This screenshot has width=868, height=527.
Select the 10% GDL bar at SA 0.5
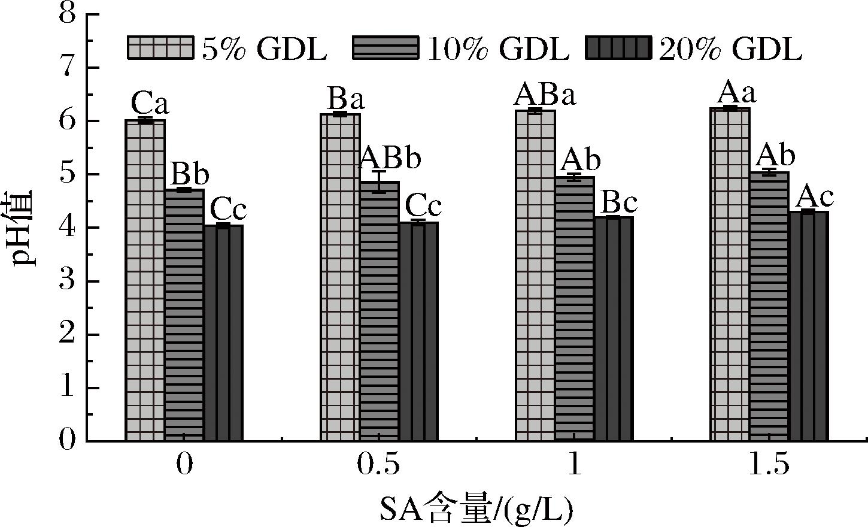380,311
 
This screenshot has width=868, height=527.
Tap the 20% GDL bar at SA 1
614,329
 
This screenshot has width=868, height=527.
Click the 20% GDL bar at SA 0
223,333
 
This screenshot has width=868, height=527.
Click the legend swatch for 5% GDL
160,48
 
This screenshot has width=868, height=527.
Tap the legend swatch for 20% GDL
617,48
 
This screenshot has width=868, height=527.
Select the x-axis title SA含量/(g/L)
476,510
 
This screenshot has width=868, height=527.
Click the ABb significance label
390,158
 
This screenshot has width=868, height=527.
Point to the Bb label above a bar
190,175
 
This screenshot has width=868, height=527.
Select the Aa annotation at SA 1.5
736,93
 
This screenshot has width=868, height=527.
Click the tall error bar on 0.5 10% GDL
380,181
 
